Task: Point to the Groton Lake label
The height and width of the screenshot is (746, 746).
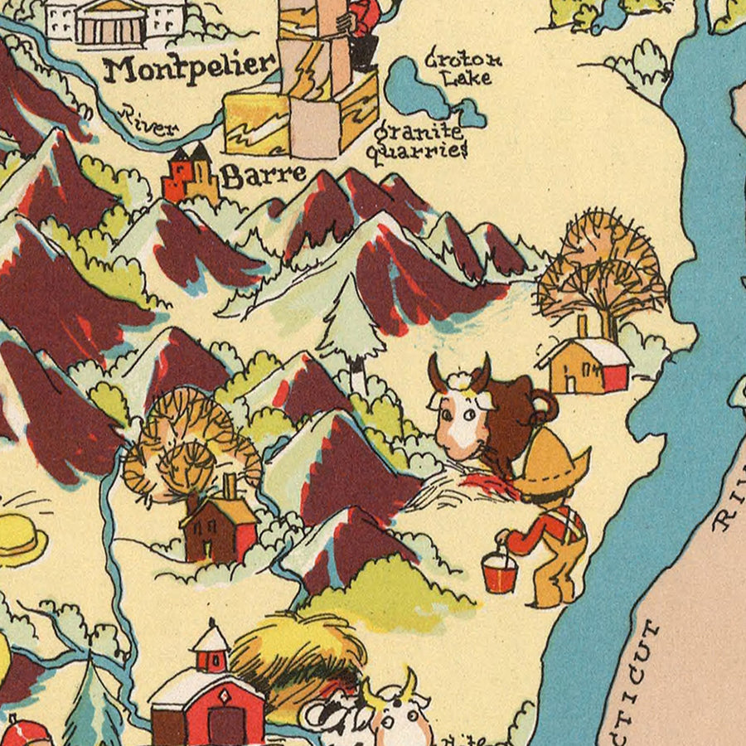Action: pyautogui.click(x=463, y=69)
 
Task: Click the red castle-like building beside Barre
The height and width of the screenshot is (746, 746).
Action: pyautogui.click(x=190, y=174)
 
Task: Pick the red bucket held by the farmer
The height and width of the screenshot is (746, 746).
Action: pyautogui.click(x=499, y=571)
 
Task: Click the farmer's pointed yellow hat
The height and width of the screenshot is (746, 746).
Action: pyautogui.click(x=552, y=464)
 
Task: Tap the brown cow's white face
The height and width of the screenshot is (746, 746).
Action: pyautogui.click(x=460, y=419)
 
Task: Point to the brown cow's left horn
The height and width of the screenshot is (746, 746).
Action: pyautogui.click(x=436, y=371)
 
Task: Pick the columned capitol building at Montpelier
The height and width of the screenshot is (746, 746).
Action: pyautogui.click(x=112, y=23)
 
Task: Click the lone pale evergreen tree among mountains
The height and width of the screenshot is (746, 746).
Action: pyautogui.click(x=351, y=327)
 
